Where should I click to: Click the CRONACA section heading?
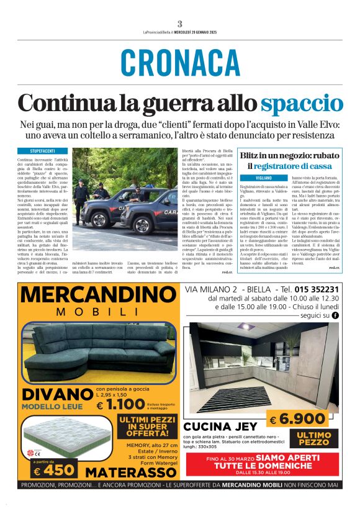180,63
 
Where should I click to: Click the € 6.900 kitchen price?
297,419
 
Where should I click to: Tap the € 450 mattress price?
55,470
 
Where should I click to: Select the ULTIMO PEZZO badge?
313,438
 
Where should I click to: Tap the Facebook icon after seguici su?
335,315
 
